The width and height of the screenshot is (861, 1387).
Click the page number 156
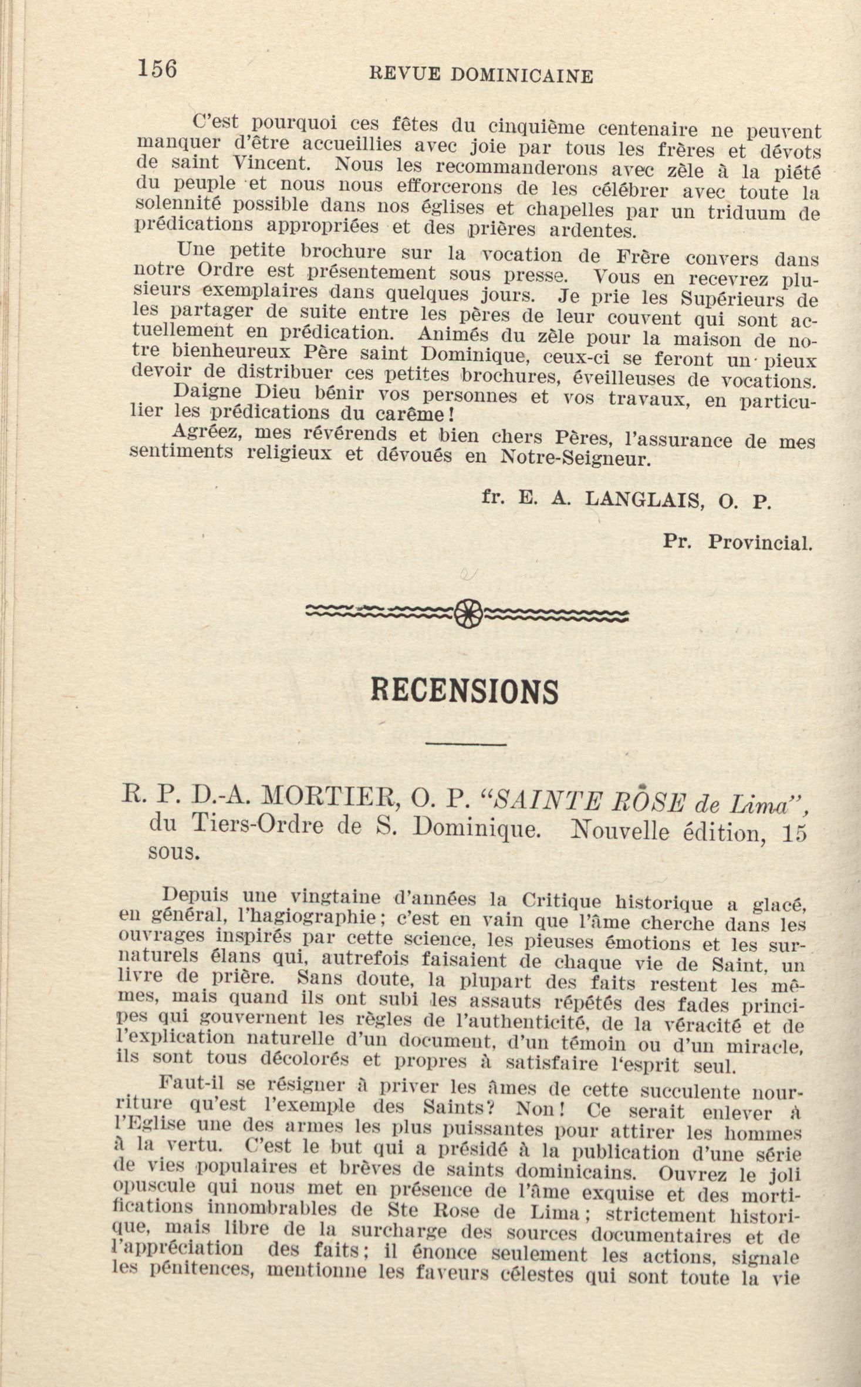pyautogui.click(x=157, y=69)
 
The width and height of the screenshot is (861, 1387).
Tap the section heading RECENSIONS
pyautogui.click(x=465, y=692)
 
